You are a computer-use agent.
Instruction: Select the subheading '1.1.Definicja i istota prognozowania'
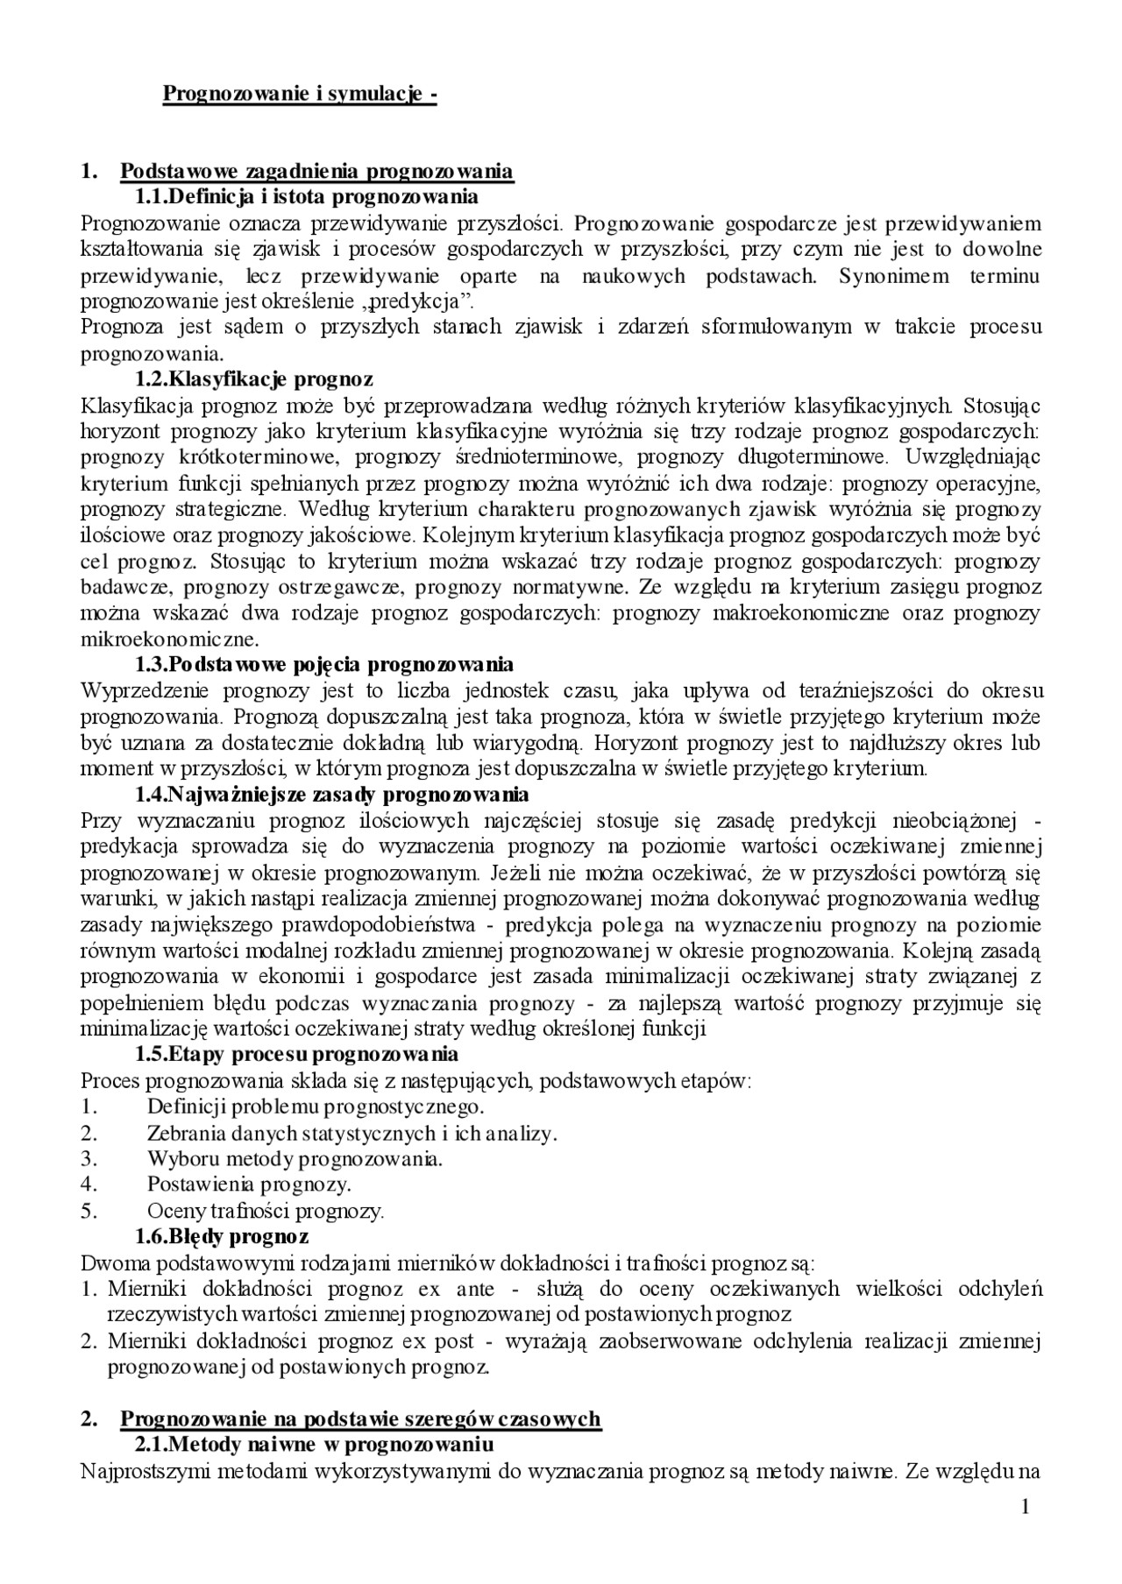click(306, 195)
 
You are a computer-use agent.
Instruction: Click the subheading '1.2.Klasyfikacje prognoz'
click(253, 378)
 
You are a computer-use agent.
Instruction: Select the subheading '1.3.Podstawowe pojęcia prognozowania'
click(323, 663)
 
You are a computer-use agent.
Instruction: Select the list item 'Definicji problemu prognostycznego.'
click(316, 1106)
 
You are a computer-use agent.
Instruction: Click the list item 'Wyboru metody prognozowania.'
click(295, 1158)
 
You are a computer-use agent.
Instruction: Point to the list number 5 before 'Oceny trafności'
click(87, 1211)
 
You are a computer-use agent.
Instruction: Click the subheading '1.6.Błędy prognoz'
click(221, 1236)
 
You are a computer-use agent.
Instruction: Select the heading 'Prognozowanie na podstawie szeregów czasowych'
click(360, 1418)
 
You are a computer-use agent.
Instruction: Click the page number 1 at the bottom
click(1025, 1507)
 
